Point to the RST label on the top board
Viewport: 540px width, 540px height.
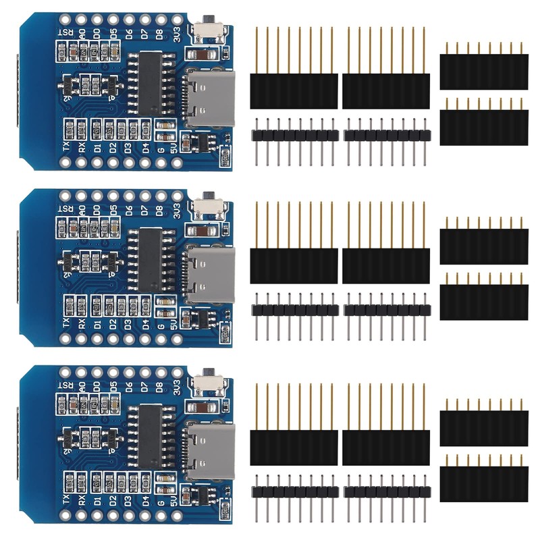pyautogui.click(x=65, y=34)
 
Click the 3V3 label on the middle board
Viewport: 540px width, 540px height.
pyautogui.click(x=177, y=212)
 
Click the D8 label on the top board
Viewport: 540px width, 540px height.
pyautogui.click(x=161, y=34)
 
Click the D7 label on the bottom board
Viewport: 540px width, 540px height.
pyautogui.click(x=144, y=389)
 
